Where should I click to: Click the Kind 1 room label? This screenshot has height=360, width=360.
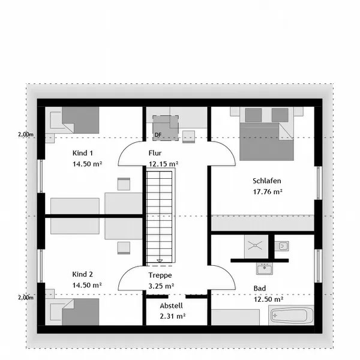click(x=83, y=153)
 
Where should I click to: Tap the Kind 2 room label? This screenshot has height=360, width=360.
click(x=83, y=274)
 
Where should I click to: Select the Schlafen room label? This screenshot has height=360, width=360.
click(x=267, y=181)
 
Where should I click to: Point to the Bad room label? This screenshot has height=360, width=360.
click(x=259, y=289)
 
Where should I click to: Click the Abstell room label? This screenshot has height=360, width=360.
click(x=171, y=305)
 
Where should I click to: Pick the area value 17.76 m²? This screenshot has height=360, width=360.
click(x=268, y=192)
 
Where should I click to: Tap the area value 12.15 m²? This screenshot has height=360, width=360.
click(x=163, y=164)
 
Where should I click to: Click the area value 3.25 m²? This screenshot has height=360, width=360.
click(x=161, y=286)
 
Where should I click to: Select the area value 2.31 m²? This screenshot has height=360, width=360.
click(x=173, y=316)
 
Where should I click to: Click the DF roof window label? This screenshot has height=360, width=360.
click(x=158, y=135)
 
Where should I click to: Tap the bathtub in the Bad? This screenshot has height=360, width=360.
click(x=291, y=315)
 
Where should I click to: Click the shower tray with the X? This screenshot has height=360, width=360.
click(x=256, y=246)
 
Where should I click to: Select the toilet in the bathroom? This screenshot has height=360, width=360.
click(x=282, y=247)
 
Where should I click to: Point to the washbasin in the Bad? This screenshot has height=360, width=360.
click(x=265, y=269)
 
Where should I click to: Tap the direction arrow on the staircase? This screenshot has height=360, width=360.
click(x=160, y=261)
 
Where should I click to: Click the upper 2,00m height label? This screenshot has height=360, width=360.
click(x=26, y=134)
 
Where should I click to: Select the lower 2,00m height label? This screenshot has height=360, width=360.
click(x=26, y=298)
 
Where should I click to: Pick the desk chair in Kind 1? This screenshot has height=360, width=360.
click(x=124, y=184)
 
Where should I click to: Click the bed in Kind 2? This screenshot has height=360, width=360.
click(x=74, y=312)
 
